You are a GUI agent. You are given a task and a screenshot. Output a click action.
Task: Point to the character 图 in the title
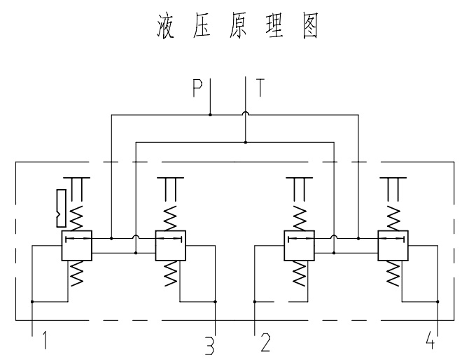pos(307,27)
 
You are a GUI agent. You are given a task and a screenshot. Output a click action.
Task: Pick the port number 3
pos(208,344)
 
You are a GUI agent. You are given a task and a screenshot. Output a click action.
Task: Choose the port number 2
pos(265,342)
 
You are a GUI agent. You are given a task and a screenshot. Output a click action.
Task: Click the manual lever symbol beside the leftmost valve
pos(61,208)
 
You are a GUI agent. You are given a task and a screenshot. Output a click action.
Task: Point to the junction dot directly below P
pos(211,113)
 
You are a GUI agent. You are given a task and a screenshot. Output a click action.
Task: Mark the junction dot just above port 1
pos(32,302)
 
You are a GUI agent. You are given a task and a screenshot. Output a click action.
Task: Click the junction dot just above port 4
pos(437,302)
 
